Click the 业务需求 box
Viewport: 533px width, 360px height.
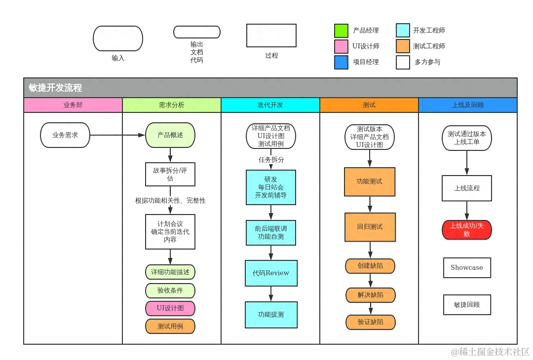click(x=65, y=135)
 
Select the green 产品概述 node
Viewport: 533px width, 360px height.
click(x=170, y=135)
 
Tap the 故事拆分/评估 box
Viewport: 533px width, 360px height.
click(x=170, y=174)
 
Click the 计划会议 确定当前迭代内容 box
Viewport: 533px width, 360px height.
click(x=170, y=231)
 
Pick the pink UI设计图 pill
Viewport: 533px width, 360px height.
click(x=170, y=308)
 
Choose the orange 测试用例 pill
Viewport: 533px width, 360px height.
click(x=170, y=326)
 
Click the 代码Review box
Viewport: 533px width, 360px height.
click(x=271, y=273)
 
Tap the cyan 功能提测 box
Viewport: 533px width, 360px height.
click(x=271, y=315)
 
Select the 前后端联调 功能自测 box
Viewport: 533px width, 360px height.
click(x=271, y=233)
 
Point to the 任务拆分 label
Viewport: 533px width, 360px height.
click(x=271, y=160)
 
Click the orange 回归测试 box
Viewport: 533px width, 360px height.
click(x=370, y=227)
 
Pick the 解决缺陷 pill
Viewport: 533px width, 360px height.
click(x=370, y=295)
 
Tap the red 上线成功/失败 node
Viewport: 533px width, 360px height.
click(x=467, y=230)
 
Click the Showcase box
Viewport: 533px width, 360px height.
click(x=467, y=268)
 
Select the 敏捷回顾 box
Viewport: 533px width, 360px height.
click(x=467, y=304)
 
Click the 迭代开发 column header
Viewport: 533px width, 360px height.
click(x=270, y=105)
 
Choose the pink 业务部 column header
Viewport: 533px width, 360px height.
click(x=73, y=105)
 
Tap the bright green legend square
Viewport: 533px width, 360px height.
click(x=341, y=31)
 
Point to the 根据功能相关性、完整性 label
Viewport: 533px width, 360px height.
click(x=171, y=200)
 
